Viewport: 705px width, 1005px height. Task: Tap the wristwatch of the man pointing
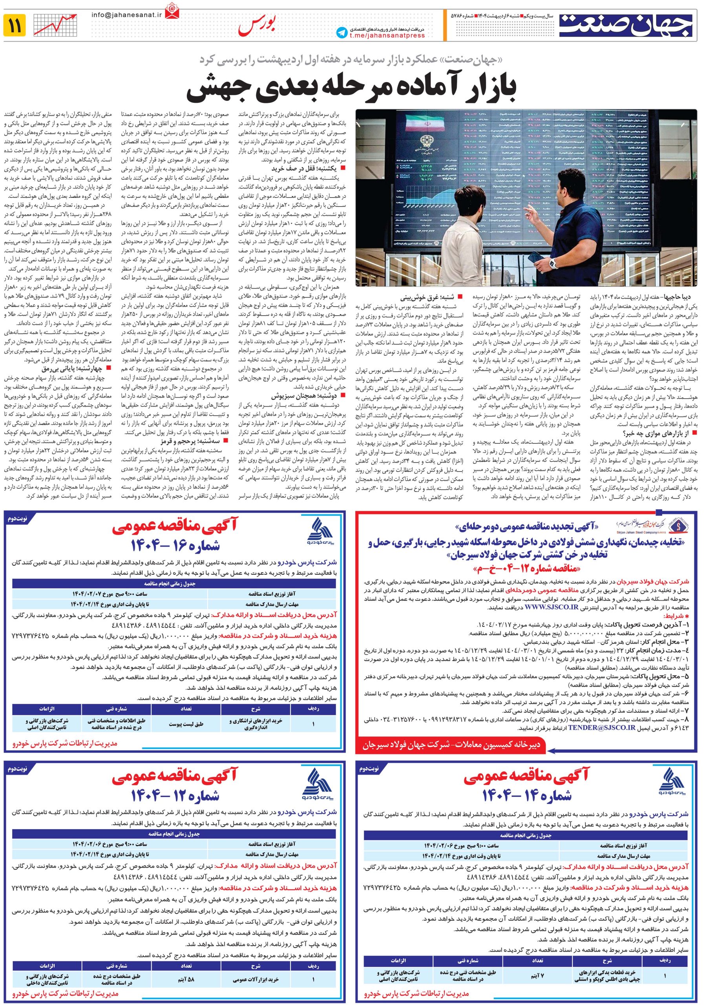pos(552,263)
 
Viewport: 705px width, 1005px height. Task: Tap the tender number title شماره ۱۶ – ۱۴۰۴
pos(175,545)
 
